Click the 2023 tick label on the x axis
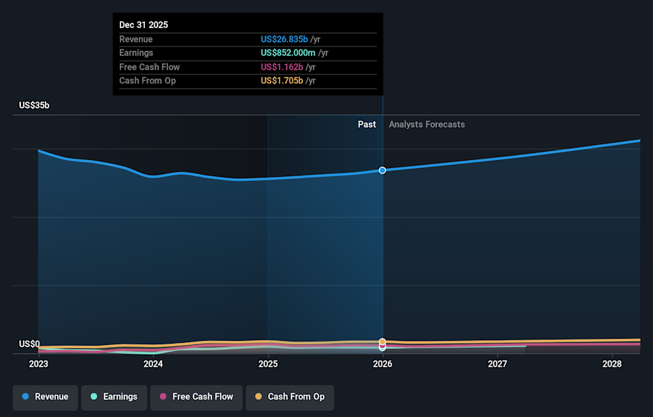click(x=39, y=364)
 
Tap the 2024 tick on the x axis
click(x=153, y=364)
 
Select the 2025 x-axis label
click(x=268, y=364)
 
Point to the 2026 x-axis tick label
click(x=382, y=364)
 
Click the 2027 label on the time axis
click(x=497, y=364)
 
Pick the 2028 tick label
click(x=612, y=364)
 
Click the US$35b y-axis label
click(x=34, y=105)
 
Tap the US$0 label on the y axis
click(x=29, y=344)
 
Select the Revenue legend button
click(x=45, y=397)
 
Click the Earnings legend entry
click(x=113, y=397)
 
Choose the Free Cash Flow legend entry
click(x=196, y=397)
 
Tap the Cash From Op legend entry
click(x=289, y=397)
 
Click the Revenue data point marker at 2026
click(x=382, y=170)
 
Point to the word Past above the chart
click(x=367, y=124)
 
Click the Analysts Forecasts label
click(x=426, y=124)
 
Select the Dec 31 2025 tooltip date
click(x=144, y=24)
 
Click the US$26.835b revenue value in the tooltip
click(x=282, y=39)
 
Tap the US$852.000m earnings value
click(x=288, y=53)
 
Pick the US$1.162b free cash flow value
click(x=282, y=67)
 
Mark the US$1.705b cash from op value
click(x=282, y=81)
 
